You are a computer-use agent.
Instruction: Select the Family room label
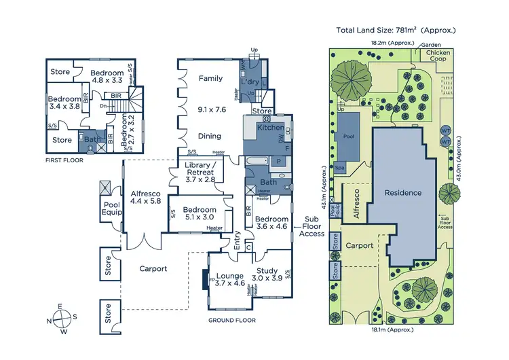pyautogui.click(x=210, y=79)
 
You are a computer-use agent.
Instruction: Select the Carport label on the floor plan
pyautogui.click(x=153, y=268)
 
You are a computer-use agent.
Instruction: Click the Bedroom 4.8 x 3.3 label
pyautogui.click(x=108, y=77)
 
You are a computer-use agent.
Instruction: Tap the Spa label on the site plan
pyautogui.click(x=339, y=167)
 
